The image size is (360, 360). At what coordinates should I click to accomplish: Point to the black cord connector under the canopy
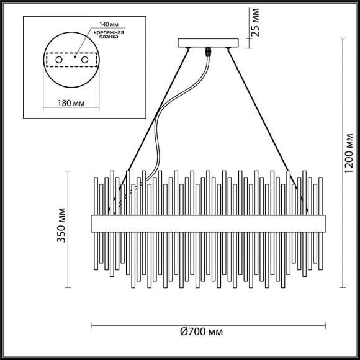pos(209,53)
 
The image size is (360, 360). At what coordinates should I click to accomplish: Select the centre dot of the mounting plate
pos(72,60)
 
